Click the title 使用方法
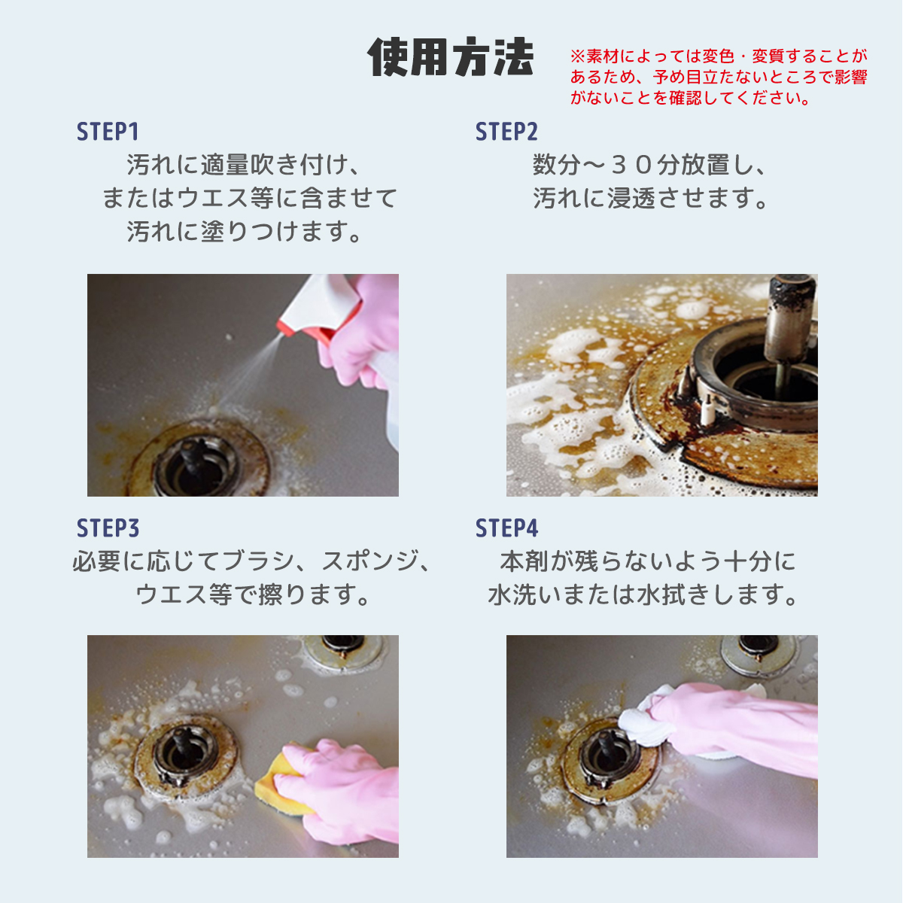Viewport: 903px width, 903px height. tap(451, 57)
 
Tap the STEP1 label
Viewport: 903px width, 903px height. tap(108, 132)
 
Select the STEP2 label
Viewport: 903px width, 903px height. tap(506, 132)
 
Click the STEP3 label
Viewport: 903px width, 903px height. tap(108, 528)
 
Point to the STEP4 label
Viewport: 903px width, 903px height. tap(506, 528)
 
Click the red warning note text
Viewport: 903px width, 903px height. tap(718, 77)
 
